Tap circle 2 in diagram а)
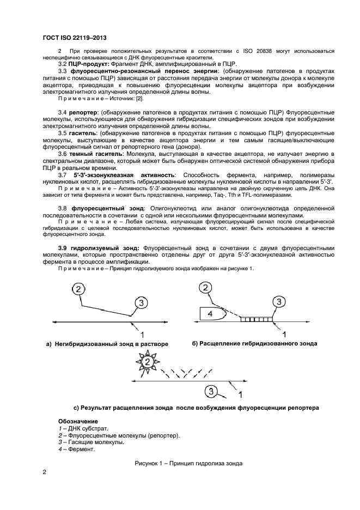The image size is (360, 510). tap(79, 289)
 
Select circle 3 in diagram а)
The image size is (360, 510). tap(141, 303)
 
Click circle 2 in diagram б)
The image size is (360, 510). tap(206, 288)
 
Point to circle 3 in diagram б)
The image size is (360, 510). tap(278, 302)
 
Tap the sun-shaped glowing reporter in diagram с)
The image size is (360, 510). tap(146, 363)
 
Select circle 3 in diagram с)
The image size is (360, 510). tap(212, 390)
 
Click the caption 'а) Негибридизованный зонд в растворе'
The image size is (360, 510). tap(107, 344)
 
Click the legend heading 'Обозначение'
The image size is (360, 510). tap(78, 421)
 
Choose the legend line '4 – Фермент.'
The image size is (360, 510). tap(76, 450)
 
